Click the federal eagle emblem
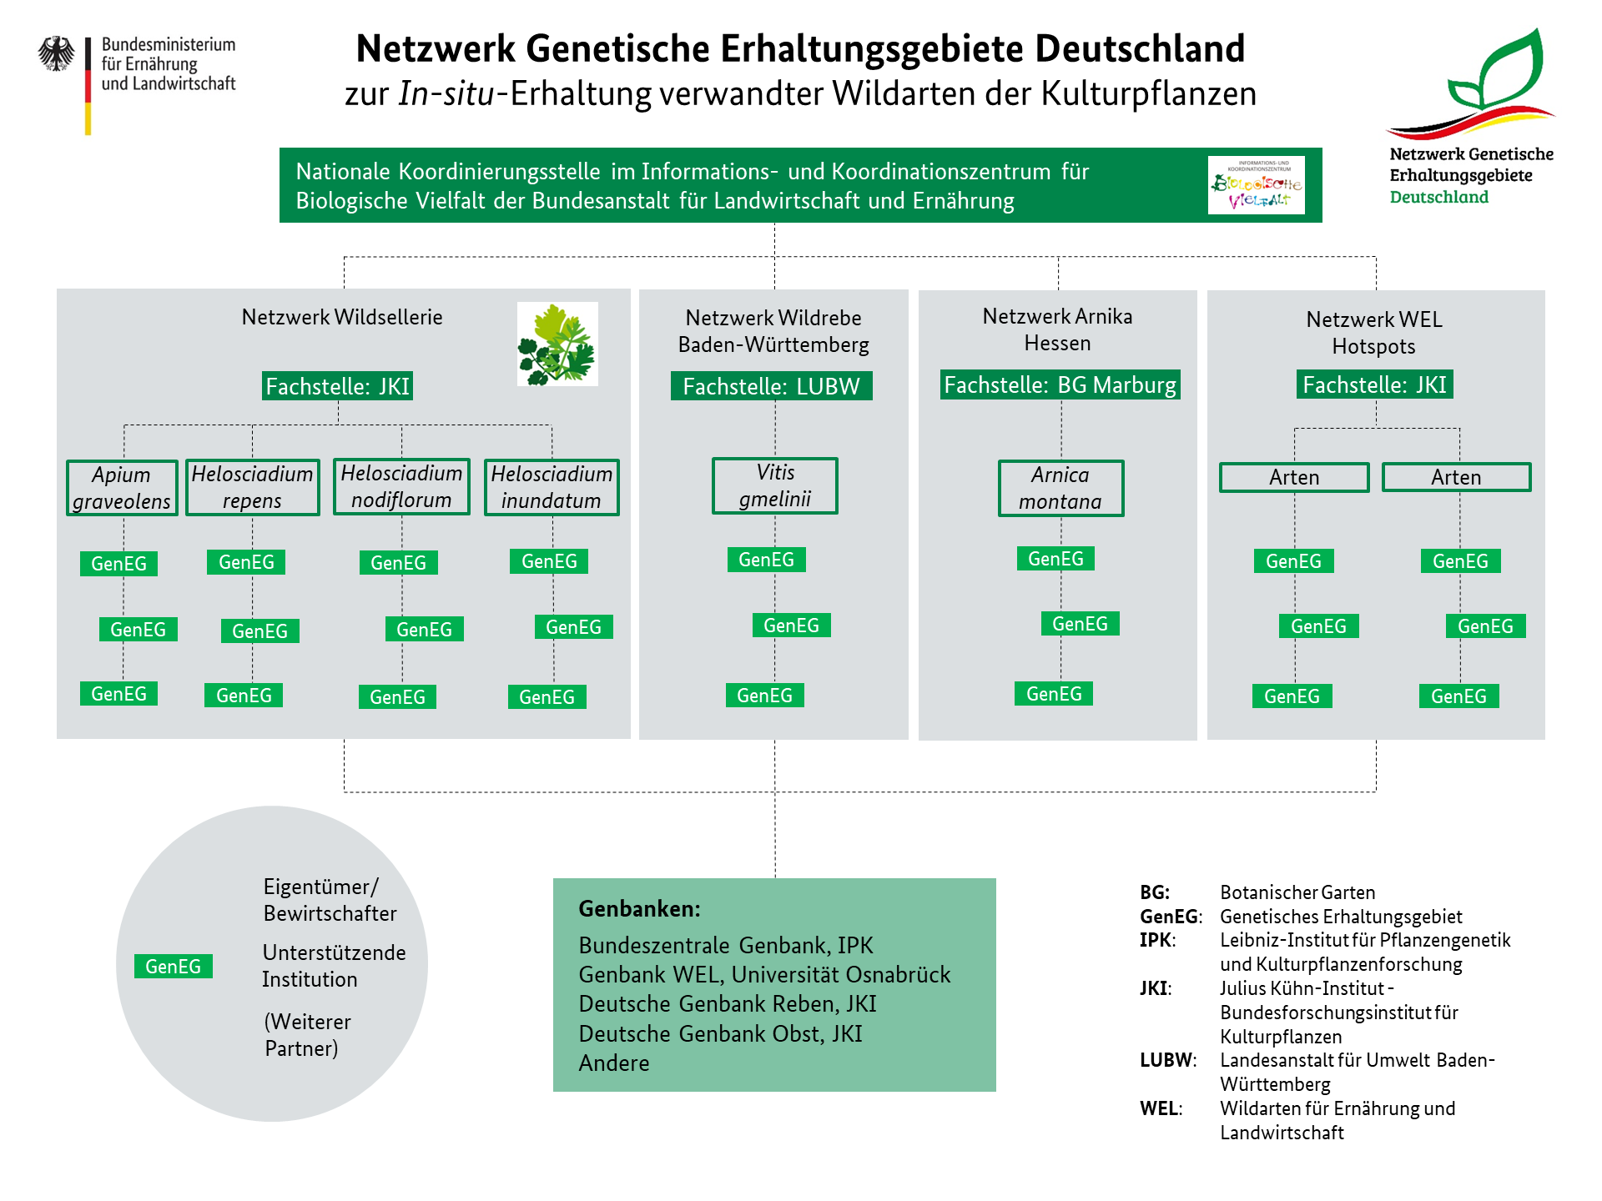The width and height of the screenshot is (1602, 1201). [x=56, y=53]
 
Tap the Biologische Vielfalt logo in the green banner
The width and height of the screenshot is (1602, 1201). [x=1256, y=184]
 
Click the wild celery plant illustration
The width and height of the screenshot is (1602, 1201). [x=557, y=344]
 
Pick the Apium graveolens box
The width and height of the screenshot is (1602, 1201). [x=122, y=488]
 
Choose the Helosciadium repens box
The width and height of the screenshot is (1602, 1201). [x=252, y=487]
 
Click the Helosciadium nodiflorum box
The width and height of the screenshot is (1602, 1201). [x=401, y=486]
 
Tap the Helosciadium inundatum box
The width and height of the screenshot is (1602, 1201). [x=552, y=487]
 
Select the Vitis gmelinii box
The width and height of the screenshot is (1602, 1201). [x=775, y=485]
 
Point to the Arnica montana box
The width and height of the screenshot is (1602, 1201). [x=1060, y=488]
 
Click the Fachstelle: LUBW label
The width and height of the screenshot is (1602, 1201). [x=771, y=386]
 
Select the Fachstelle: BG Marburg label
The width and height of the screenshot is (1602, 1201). [x=1060, y=384]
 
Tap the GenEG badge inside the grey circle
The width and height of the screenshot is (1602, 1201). [x=173, y=966]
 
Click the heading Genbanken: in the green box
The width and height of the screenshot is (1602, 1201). [x=639, y=908]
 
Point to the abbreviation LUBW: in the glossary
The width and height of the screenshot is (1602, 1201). [x=1167, y=1060]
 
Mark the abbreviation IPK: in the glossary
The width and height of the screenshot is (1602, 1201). [x=1157, y=940]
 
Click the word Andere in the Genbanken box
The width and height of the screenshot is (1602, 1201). [x=613, y=1063]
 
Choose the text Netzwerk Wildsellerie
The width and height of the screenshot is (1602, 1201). [x=342, y=317]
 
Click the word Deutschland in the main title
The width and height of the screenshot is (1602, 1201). [x=1140, y=48]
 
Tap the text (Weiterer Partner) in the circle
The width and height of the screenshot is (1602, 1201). [x=307, y=1035]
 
